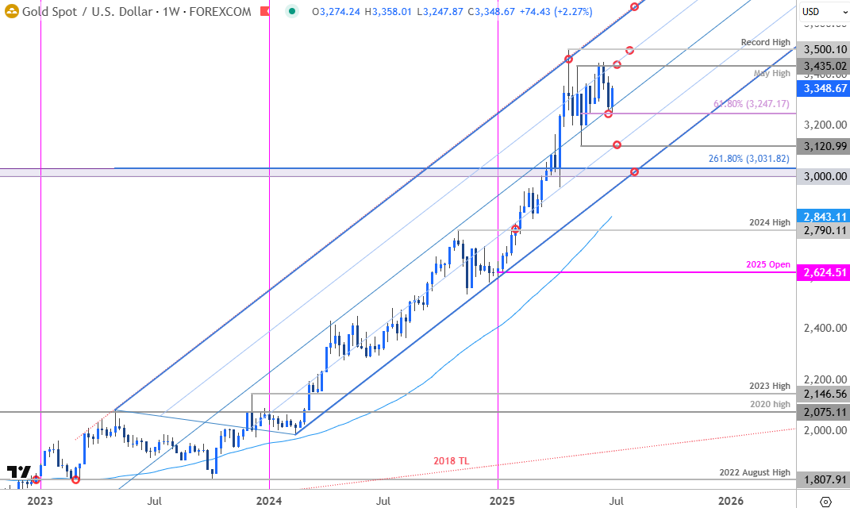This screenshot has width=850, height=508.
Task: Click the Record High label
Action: pos(765,42)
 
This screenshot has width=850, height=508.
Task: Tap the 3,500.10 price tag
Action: pos(823,49)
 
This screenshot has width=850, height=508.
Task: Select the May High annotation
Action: pos(771,73)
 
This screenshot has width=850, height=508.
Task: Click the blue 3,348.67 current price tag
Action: pos(823,88)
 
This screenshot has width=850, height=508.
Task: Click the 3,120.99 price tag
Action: pos(823,146)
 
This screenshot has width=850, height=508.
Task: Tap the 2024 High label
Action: pos(769,222)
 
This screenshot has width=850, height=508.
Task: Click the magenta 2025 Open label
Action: pos(767,264)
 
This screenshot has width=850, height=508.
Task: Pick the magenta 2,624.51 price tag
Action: pos(823,272)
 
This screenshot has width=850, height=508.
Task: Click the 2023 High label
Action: pos(769,386)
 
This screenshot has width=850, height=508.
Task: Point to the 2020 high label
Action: pos(769,404)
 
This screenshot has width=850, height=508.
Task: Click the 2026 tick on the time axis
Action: pos(730,501)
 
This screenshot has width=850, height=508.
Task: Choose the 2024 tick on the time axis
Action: pos(269,501)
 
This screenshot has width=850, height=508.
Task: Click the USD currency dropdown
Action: pos(821,11)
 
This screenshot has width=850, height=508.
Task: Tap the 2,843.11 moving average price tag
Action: pos(823,217)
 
